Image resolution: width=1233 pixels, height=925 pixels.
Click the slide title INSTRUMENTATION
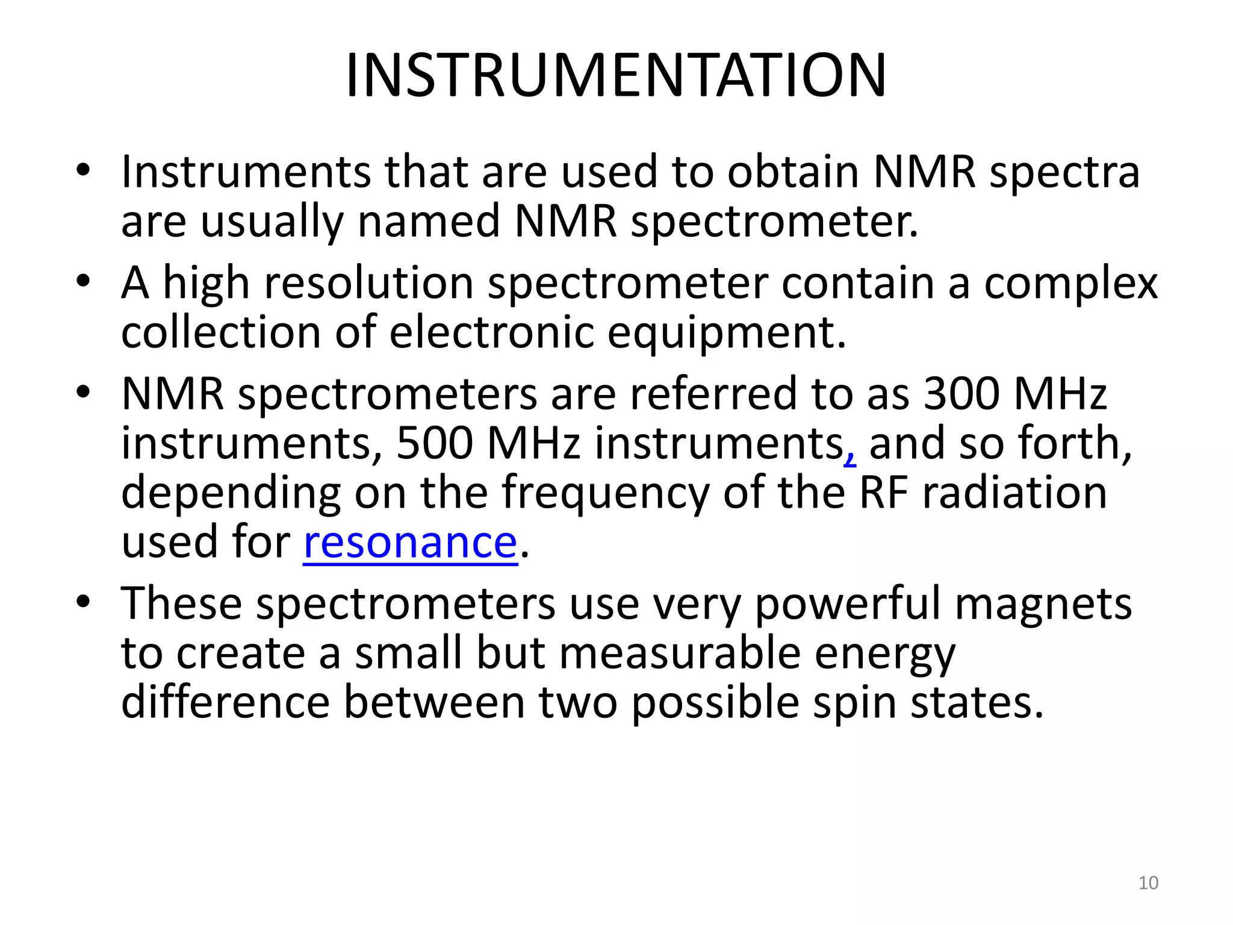click(616, 75)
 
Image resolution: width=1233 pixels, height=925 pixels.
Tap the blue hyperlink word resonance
click(410, 542)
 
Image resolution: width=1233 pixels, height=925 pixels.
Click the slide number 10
click(1148, 883)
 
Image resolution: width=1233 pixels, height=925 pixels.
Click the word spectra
click(1064, 173)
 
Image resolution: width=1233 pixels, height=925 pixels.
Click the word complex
click(1070, 284)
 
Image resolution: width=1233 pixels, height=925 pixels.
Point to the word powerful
click(847, 605)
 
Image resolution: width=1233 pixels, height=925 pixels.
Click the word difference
click(225, 703)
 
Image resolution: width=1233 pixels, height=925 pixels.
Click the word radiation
click(1014, 493)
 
